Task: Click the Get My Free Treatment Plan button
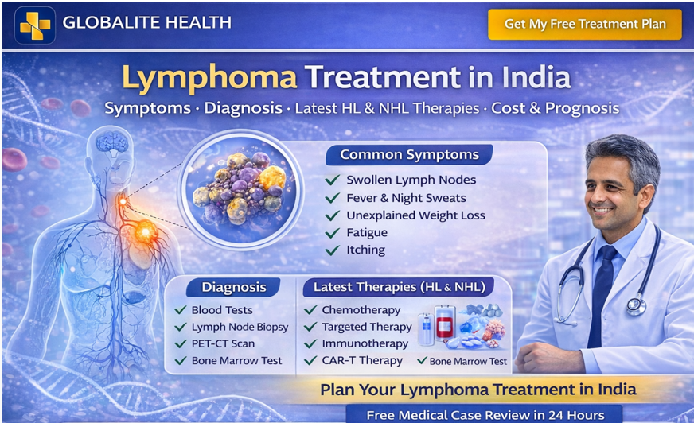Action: tap(584, 24)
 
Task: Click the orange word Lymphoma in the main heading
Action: tap(209, 78)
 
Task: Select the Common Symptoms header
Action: tap(409, 154)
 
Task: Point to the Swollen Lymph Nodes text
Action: tap(410, 180)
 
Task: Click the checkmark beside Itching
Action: tap(333, 250)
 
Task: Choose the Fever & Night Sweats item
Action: tap(406, 198)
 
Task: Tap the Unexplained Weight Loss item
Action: tap(415, 215)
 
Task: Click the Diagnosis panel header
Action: tap(233, 287)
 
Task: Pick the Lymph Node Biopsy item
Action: tap(240, 327)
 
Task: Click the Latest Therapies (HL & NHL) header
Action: tap(399, 287)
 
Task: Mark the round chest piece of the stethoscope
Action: tap(635, 305)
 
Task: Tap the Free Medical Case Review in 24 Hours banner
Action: tap(485, 414)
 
